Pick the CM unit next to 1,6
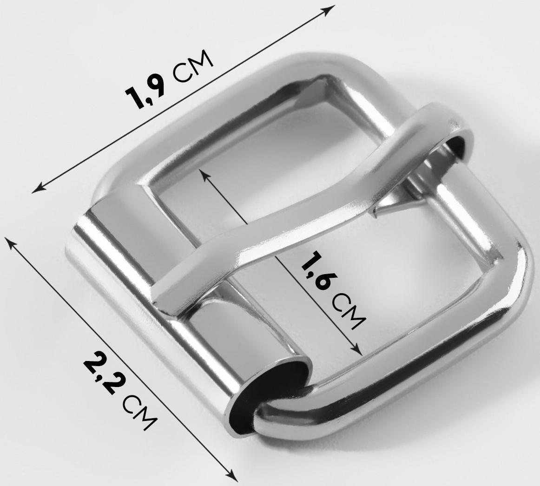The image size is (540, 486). coord(349,311)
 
